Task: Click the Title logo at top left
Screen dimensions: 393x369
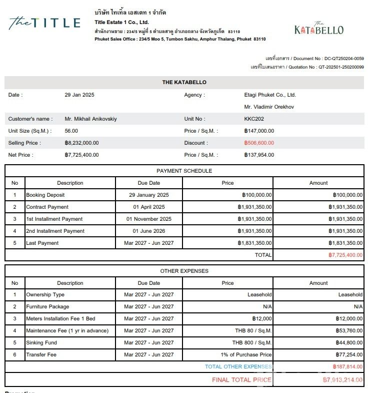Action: (44, 23)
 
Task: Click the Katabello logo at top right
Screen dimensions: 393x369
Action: (318, 29)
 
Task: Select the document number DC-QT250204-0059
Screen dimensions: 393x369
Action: (344, 59)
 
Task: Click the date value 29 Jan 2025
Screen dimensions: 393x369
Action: (79, 95)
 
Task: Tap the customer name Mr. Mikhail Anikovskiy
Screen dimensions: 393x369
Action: (91, 119)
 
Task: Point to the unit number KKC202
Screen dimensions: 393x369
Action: (254, 119)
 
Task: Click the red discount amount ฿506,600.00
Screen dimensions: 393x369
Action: (259, 143)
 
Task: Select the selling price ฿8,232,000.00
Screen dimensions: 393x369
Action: (82, 143)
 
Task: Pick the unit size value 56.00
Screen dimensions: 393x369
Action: (71, 131)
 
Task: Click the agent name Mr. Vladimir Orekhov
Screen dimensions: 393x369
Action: (269, 107)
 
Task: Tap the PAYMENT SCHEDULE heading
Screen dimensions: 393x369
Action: (184, 171)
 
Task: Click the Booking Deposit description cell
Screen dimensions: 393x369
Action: (45, 195)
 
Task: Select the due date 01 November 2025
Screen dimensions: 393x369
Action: (149, 219)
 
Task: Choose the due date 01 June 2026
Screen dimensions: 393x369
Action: (149, 231)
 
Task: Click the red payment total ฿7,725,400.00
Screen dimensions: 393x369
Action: (345, 255)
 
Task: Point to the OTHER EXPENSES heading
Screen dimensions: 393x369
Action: (184, 271)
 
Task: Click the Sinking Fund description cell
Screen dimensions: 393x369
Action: (41, 342)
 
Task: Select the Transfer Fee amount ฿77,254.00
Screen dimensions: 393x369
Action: (349, 354)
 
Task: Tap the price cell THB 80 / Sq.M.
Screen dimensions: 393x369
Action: (253, 330)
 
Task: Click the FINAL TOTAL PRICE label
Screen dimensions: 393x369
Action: (242, 379)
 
